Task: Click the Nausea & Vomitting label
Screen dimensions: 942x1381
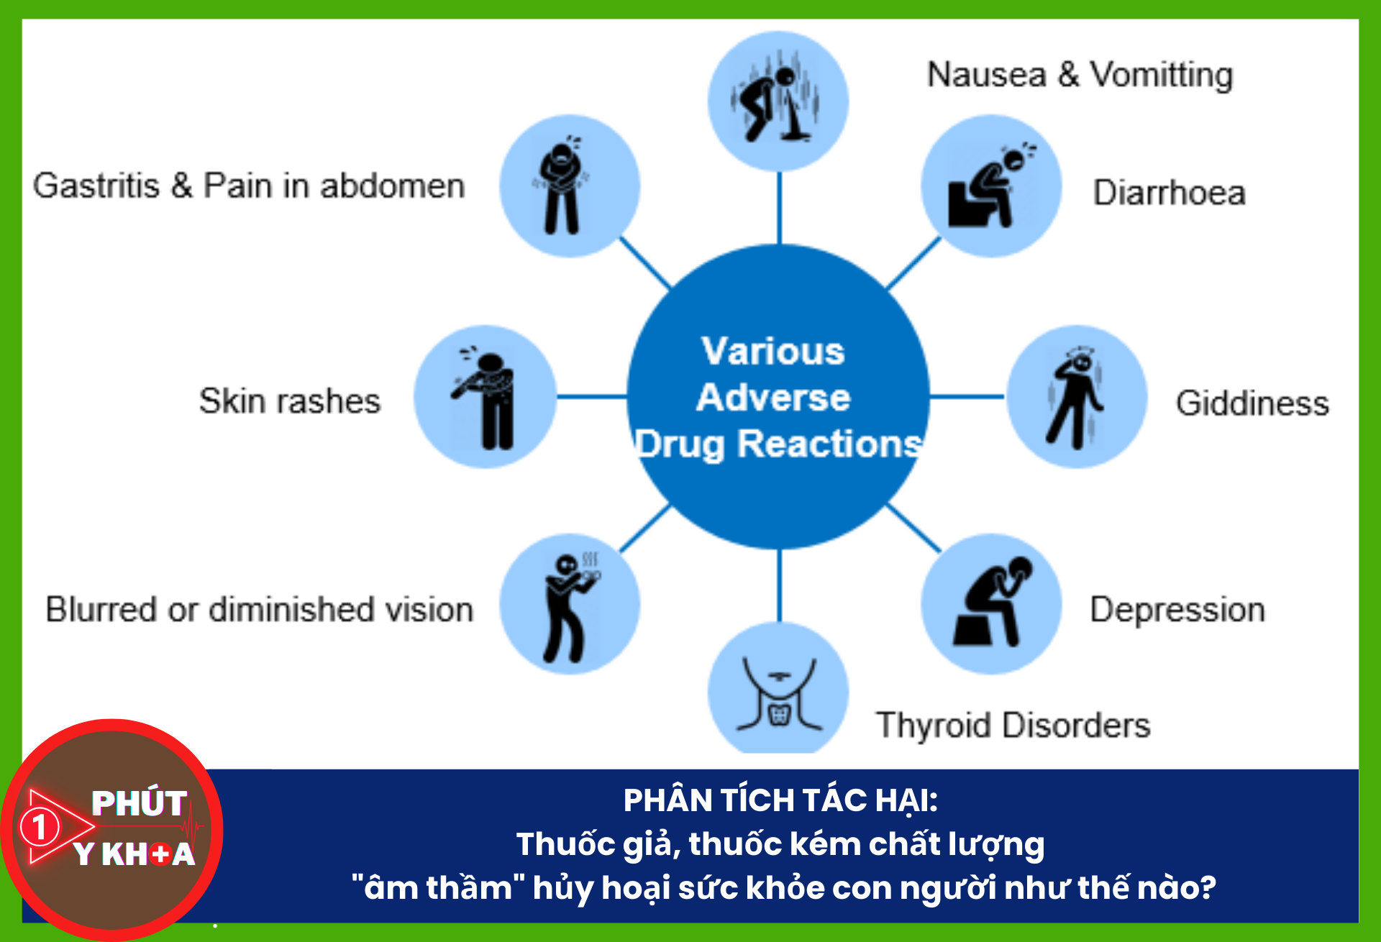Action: pos(1080,75)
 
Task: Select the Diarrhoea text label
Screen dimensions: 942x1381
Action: pos(1169,193)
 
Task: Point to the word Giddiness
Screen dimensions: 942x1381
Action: pos(1252,403)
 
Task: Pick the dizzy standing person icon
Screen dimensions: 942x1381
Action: pos(1076,397)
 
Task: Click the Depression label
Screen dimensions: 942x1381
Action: pos(1177,610)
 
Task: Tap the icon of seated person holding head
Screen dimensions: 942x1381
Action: pos(991,604)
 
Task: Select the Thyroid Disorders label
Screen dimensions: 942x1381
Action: pos(1013,725)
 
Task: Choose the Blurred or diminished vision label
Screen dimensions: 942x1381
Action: pos(260,610)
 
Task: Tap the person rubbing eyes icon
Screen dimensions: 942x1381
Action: pos(570,604)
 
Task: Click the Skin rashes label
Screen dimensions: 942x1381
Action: pos(289,401)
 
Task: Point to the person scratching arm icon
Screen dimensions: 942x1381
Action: pos(486,397)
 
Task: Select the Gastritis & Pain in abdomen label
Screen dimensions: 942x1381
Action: pos(249,186)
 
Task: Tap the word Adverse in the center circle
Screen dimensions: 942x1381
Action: pos(773,398)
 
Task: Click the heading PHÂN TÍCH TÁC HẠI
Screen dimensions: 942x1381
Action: pos(780,800)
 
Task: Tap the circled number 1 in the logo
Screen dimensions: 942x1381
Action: pos(40,827)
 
